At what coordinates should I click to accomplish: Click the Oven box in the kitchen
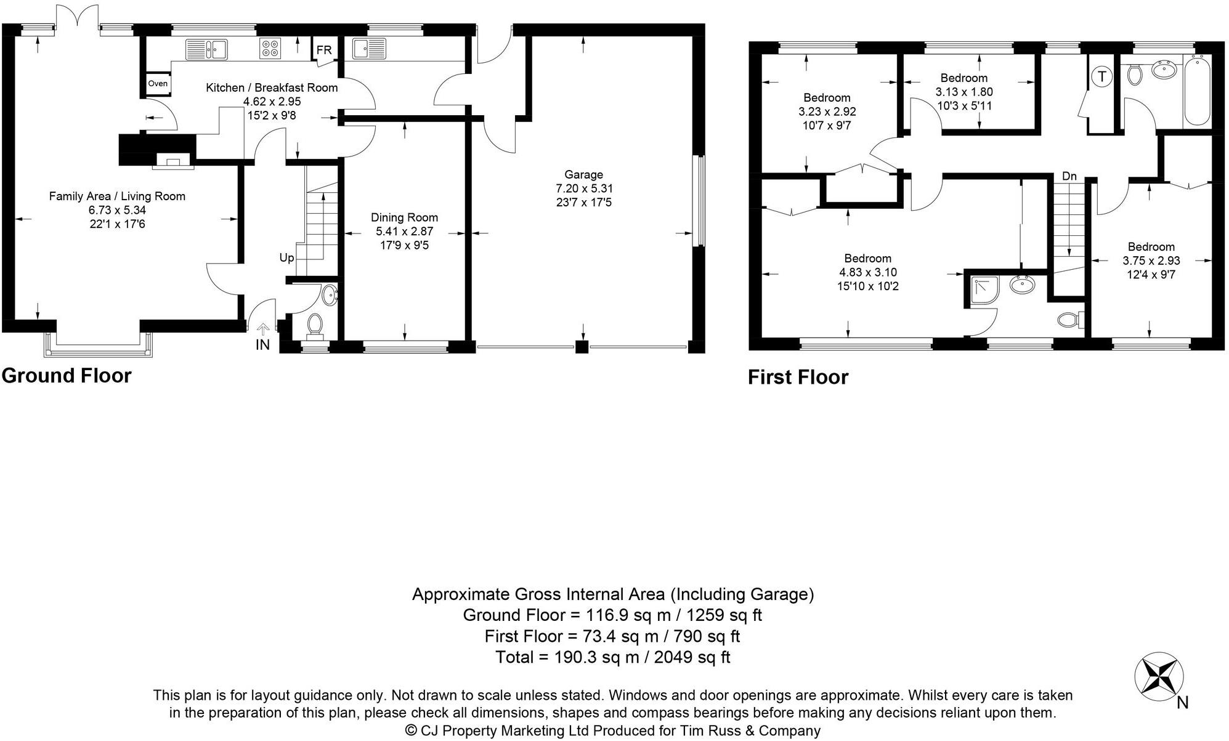pyautogui.click(x=158, y=84)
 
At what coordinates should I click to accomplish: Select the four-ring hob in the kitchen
pyautogui.click(x=270, y=49)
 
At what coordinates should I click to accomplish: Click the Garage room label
pyautogui.click(x=583, y=175)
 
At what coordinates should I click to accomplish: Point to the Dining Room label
pyautogui.click(x=404, y=217)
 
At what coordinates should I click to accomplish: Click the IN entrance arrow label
pyautogui.click(x=262, y=344)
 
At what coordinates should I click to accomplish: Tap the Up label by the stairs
pyautogui.click(x=286, y=257)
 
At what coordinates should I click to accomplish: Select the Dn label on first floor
pyautogui.click(x=1069, y=177)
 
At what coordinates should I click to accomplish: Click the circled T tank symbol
pyautogui.click(x=1101, y=77)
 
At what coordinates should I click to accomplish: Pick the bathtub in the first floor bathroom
pyautogui.click(x=1197, y=90)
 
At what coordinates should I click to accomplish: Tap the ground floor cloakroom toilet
pyautogui.click(x=315, y=325)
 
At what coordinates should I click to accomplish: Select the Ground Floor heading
pyautogui.click(x=67, y=376)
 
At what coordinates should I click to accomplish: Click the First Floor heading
pyautogui.click(x=798, y=377)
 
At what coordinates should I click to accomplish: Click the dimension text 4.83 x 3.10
pyautogui.click(x=867, y=272)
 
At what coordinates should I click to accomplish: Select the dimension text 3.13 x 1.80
pyautogui.click(x=964, y=92)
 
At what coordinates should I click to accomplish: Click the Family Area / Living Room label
pyautogui.click(x=117, y=196)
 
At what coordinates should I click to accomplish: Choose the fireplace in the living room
pyautogui.click(x=173, y=162)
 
